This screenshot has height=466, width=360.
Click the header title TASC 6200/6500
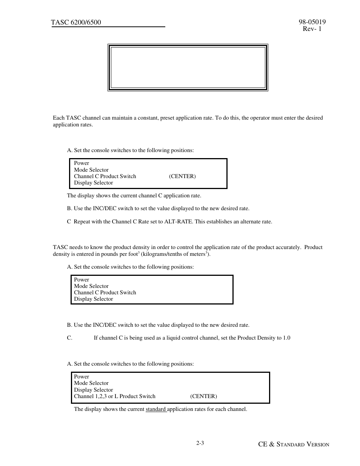(76, 23)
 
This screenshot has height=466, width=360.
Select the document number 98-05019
(312, 22)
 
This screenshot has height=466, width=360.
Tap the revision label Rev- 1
(312, 29)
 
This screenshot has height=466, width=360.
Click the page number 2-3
(200, 443)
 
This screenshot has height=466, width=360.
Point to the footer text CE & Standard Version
(294, 444)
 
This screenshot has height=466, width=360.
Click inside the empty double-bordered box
(188, 68)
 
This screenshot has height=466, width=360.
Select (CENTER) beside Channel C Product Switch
(182, 177)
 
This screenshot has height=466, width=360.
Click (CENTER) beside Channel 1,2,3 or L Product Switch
(203, 397)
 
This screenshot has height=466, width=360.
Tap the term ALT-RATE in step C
(177, 222)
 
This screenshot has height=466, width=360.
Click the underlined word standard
(155, 409)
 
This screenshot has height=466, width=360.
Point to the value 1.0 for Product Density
(286, 338)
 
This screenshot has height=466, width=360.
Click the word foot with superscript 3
(133, 254)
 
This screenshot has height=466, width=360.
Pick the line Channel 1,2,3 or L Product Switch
(115, 397)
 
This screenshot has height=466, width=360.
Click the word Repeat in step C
(82, 222)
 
